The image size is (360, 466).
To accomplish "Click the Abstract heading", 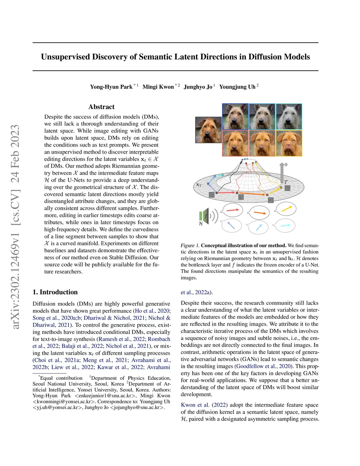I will point(101,107).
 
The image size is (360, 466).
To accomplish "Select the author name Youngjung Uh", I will point(237,87).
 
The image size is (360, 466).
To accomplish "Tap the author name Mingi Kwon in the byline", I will point(158,87).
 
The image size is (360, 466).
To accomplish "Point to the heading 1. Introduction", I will point(55,292).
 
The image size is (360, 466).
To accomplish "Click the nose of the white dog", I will point(289,123).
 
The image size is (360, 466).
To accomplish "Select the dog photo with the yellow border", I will point(289,143).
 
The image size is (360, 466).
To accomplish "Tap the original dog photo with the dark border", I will point(208,130).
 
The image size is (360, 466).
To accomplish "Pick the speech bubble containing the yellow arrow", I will point(286,209).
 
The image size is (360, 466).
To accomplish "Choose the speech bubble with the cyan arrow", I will point(285,225).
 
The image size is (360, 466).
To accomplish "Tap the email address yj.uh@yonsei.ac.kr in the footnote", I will point(57,408).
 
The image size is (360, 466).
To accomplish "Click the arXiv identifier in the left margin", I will point(15,227).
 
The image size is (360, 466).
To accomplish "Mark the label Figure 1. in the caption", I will point(190,245).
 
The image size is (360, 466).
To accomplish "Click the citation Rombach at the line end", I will point(159,339).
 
